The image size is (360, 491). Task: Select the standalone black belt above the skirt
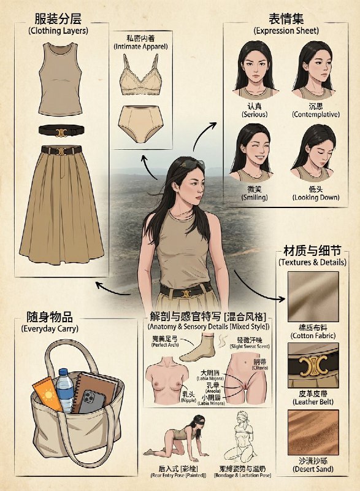(59, 130)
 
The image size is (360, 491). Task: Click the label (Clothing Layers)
(58, 30)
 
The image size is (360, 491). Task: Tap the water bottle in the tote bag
(65, 389)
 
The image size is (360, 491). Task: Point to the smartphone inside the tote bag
(91, 403)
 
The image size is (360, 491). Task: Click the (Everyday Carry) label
(47, 329)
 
